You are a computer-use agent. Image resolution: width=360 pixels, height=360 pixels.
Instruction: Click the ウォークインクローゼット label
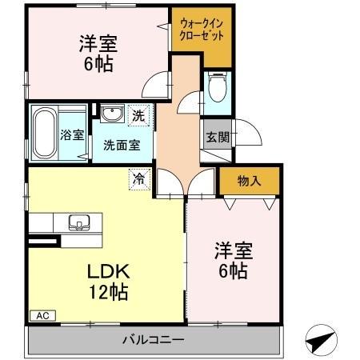(x=202, y=37)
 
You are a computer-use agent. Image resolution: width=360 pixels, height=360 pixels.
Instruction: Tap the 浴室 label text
(x=73, y=134)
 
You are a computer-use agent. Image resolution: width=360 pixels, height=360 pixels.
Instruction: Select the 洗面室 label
(x=121, y=146)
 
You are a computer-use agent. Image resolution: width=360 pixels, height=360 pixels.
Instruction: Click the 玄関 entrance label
(x=215, y=136)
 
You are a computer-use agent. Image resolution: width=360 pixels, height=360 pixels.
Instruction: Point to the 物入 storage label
(x=249, y=182)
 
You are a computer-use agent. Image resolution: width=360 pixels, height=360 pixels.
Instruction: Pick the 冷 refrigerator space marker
(x=139, y=179)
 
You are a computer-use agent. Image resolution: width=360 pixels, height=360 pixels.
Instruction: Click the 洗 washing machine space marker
(x=138, y=115)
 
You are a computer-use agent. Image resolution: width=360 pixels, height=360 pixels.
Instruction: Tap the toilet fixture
(x=216, y=90)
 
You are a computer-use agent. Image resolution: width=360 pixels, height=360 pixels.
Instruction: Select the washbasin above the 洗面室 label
(x=111, y=114)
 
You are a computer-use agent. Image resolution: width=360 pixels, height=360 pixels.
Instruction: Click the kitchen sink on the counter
(x=81, y=221)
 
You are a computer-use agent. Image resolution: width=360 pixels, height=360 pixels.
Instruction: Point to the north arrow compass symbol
(x=321, y=340)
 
